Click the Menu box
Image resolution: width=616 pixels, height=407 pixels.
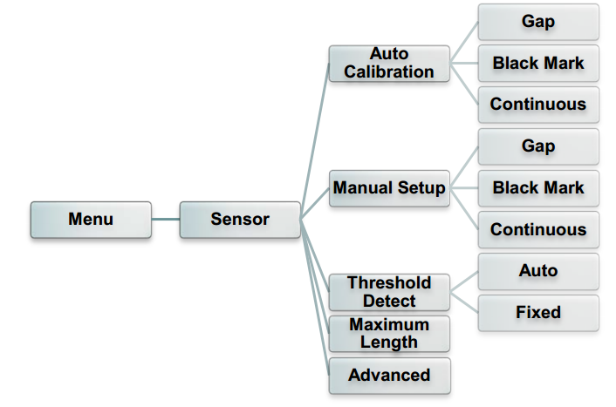click(91, 220)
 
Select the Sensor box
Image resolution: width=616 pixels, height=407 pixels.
click(240, 220)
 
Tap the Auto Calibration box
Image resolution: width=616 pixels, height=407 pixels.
click(389, 64)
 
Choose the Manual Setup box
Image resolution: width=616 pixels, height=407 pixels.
click(389, 188)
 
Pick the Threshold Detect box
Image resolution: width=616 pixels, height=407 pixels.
click(389, 292)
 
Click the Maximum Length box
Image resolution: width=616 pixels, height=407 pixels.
click(389, 334)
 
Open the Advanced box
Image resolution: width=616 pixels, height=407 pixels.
click(389, 376)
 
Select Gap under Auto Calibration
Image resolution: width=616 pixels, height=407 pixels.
click(538, 22)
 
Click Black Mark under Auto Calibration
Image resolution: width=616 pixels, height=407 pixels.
click(538, 63)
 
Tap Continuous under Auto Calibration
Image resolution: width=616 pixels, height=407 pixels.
click(538, 105)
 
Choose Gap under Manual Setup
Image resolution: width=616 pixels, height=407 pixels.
click(538, 146)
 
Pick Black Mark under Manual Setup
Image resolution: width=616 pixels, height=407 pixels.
click(538, 187)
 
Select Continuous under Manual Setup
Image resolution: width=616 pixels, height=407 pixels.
click(538, 229)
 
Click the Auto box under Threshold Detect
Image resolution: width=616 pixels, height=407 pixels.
click(538, 271)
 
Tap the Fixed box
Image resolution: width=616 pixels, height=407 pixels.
click(538, 312)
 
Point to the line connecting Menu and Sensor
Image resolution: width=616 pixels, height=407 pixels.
click(166, 220)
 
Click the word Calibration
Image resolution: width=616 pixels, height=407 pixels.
click(389, 72)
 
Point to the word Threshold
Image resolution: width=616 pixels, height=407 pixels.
click(389, 282)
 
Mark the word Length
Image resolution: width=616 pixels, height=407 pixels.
click(389, 343)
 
